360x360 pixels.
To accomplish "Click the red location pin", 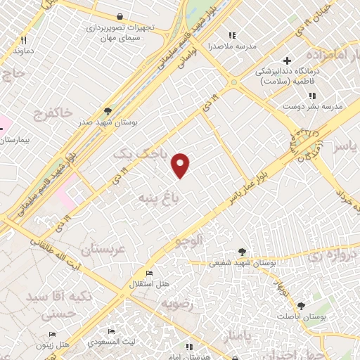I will (x=181, y=165).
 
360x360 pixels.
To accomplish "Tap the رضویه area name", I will (x=177, y=304).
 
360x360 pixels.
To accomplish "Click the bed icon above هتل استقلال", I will (x=148, y=273).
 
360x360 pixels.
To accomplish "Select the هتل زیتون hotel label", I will (x=53, y=345).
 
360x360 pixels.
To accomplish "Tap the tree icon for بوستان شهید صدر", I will (x=107, y=110).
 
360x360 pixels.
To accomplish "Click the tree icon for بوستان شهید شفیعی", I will (x=242, y=251).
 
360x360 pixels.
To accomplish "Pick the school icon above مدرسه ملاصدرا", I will (x=231, y=35).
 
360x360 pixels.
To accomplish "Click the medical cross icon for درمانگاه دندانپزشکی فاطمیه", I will (x=285, y=60).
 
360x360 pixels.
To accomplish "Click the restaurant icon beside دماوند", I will (x=22, y=40).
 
